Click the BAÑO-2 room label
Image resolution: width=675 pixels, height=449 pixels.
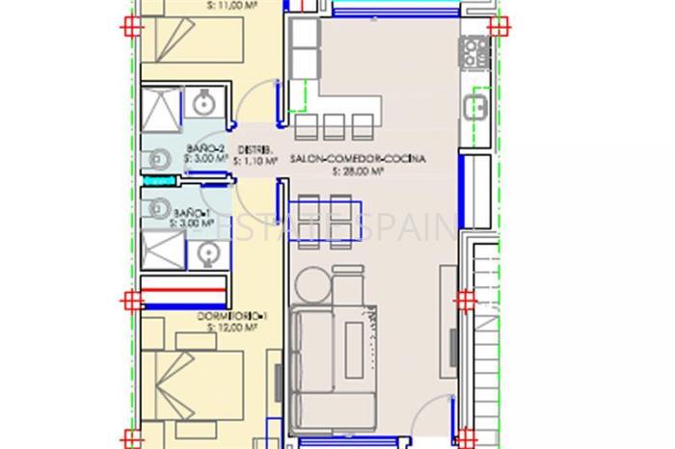coord(205,147)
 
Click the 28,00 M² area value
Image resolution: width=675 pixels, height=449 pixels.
coord(359,173)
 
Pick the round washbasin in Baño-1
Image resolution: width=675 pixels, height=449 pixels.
coord(204,252)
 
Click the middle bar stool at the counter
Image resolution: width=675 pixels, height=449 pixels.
coord(335,125)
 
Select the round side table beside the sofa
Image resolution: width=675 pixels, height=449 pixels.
coord(311,286)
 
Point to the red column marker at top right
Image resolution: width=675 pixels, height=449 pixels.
coord(498,26)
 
